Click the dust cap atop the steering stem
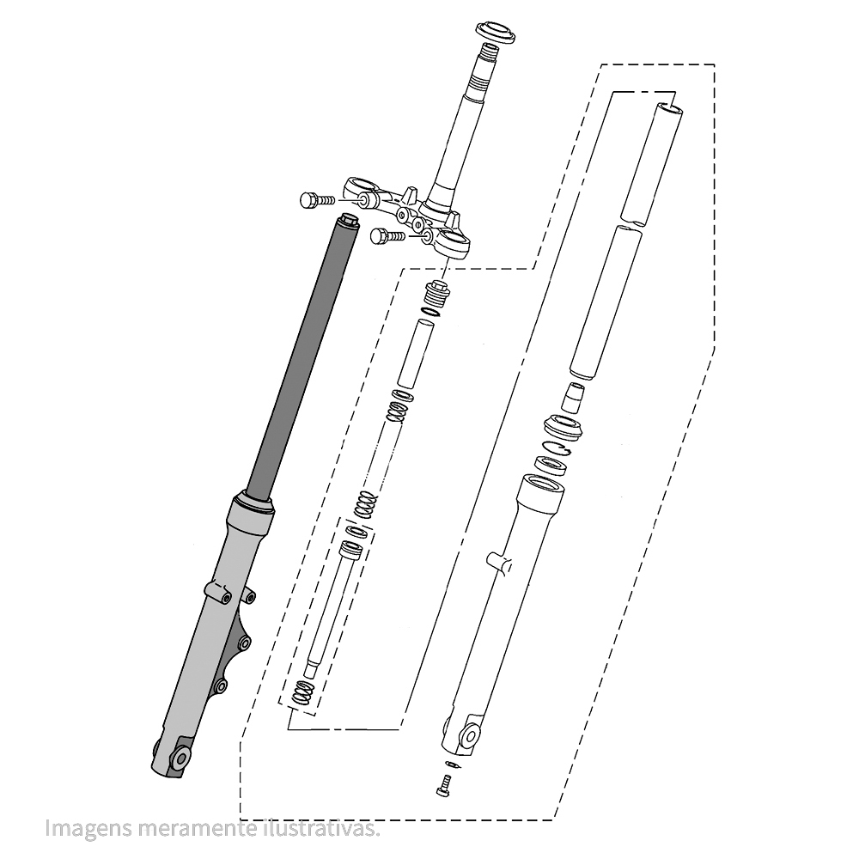[x=496, y=32]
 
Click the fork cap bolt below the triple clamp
[x=437, y=293]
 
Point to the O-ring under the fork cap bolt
[x=430, y=312]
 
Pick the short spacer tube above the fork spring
[x=415, y=353]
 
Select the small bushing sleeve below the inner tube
[x=572, y=397]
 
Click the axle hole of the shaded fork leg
[x=180, y=758]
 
